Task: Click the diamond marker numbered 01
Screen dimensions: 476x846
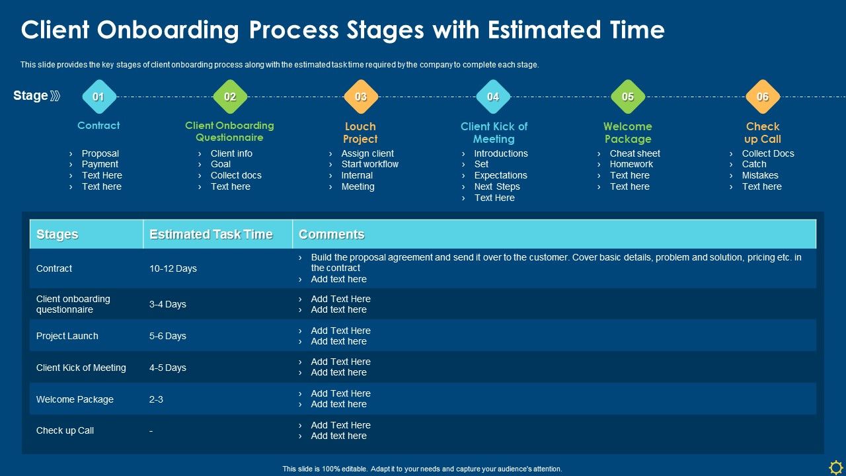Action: tap(98, 97)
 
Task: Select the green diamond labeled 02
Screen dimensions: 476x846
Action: tap(230, 97)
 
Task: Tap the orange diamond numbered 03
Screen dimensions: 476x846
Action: tap(361, 97)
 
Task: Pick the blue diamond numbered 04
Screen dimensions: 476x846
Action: tap(493, 97)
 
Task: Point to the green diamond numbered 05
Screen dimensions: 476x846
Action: tap(628, 97)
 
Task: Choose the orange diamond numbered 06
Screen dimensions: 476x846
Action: tap(763, 97)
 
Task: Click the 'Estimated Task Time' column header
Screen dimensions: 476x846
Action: tap(211, 235)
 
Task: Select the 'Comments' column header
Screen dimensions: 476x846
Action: tap(332, 235)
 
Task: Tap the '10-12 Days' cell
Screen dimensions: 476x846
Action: tap(173, 268)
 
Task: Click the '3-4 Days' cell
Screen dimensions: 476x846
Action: tap(168, 304)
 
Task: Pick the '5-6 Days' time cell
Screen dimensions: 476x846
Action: tap(168, 336)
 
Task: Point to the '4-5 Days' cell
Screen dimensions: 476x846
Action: tap(168, 368)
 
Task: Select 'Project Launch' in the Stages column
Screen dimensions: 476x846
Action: tap(67, 336)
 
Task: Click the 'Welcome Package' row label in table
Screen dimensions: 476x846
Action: tap(75, 399)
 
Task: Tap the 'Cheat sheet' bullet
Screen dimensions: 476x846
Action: tap(634, 153)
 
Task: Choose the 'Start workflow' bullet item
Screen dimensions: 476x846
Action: tap(369, 164)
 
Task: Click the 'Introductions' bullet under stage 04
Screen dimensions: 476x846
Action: tap(500, 153)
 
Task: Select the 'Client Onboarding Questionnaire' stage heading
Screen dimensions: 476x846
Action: tap(229, 132)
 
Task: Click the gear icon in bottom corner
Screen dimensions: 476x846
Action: tap(835, 465)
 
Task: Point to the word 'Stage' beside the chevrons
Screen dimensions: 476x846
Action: tap(30, 96)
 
